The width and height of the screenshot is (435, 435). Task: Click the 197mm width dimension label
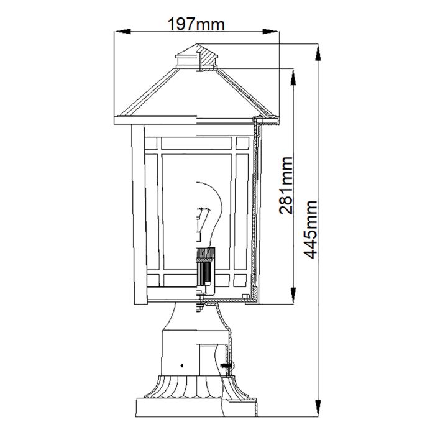coord(196,24)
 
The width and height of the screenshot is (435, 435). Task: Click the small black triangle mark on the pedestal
coord(181,365)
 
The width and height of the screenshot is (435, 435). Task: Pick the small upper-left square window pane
coord(152,144)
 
